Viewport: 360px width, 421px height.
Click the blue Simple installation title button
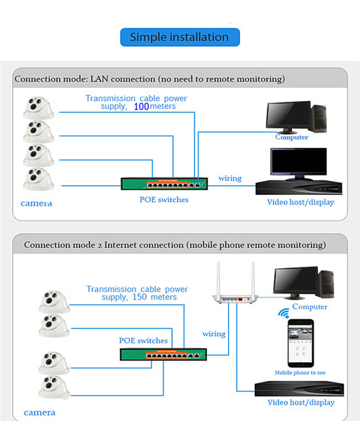(x=180, y=37)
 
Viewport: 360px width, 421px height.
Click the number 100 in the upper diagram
(x=141, y=107)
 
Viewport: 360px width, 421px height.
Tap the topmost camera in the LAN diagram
(x=38, y=108)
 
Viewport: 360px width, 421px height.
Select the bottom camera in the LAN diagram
(x=38, y=179)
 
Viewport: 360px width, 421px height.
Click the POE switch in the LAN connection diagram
(x=164, y=184)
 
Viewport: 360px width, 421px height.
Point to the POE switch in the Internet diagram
(x=164, y=354)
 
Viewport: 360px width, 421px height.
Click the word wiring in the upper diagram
(x=229, y=178)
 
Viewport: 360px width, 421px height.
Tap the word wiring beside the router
(x=214, y=334)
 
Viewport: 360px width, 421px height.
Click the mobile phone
(x=300, y=343)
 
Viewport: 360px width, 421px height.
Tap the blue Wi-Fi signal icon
(x=284, y=313)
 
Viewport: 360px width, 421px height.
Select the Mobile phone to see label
(x=300, y=373)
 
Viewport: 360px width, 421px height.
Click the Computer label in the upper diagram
(x=291, y=138)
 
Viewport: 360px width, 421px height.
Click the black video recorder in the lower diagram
(x=299, y=389)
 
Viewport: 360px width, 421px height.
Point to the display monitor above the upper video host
(x=298, y=164)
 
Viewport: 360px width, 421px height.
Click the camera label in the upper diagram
(x=36, y=203)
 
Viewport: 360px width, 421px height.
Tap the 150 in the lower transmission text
(x=140, y=297)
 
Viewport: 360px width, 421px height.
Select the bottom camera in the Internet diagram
(x=54, y=387)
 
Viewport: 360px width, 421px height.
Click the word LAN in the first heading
(x=100, y=79)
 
